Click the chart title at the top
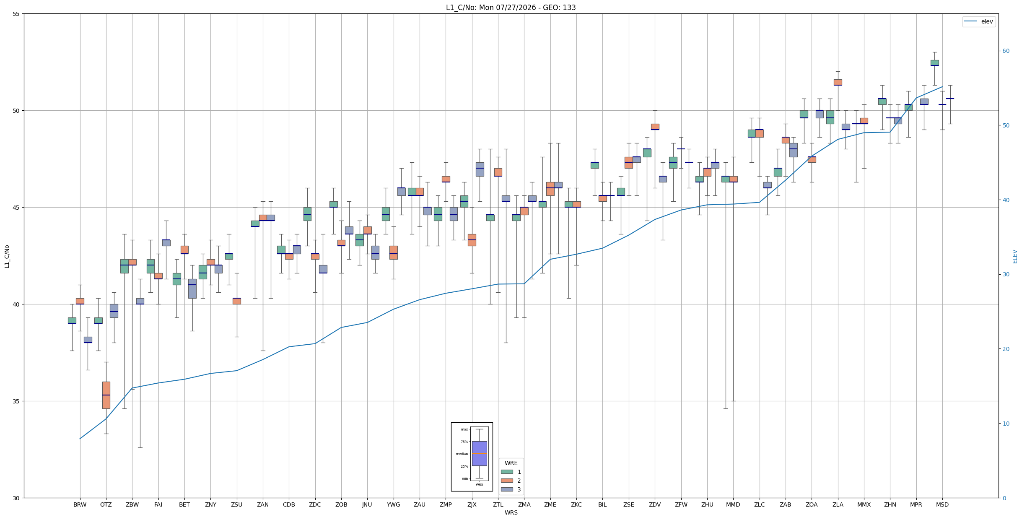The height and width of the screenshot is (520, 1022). coord(511,8)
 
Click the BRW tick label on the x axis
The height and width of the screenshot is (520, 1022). coord(80,504)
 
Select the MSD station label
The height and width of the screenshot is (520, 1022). coord(942,504)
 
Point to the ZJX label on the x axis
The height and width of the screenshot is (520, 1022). coord(472,504)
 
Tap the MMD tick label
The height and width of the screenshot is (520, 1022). coord(733,504)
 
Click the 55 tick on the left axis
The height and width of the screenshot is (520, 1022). coord(16,14)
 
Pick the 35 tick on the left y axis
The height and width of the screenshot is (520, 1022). coord(16,401)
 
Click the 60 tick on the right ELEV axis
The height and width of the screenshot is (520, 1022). coord(1006,51)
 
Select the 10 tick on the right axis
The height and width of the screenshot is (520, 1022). coord(1006,424)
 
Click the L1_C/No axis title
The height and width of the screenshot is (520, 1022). coord(7,256)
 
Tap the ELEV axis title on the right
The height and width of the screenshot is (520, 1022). coord(1015,256)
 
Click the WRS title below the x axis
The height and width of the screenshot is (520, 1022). coord(511,512)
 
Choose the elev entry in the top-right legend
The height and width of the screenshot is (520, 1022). coord(979,21)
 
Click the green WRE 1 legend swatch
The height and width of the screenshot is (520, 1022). coord(507,472)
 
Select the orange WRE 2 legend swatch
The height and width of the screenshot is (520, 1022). coord(507,481)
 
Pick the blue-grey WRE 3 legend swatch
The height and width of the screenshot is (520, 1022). coord(507,489)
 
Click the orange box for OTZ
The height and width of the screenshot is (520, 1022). coord(106,395)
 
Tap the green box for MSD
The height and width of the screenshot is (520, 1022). coord(934,63)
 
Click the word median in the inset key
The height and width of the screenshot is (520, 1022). coord(462,454)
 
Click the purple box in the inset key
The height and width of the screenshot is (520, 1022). coord(479,453)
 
